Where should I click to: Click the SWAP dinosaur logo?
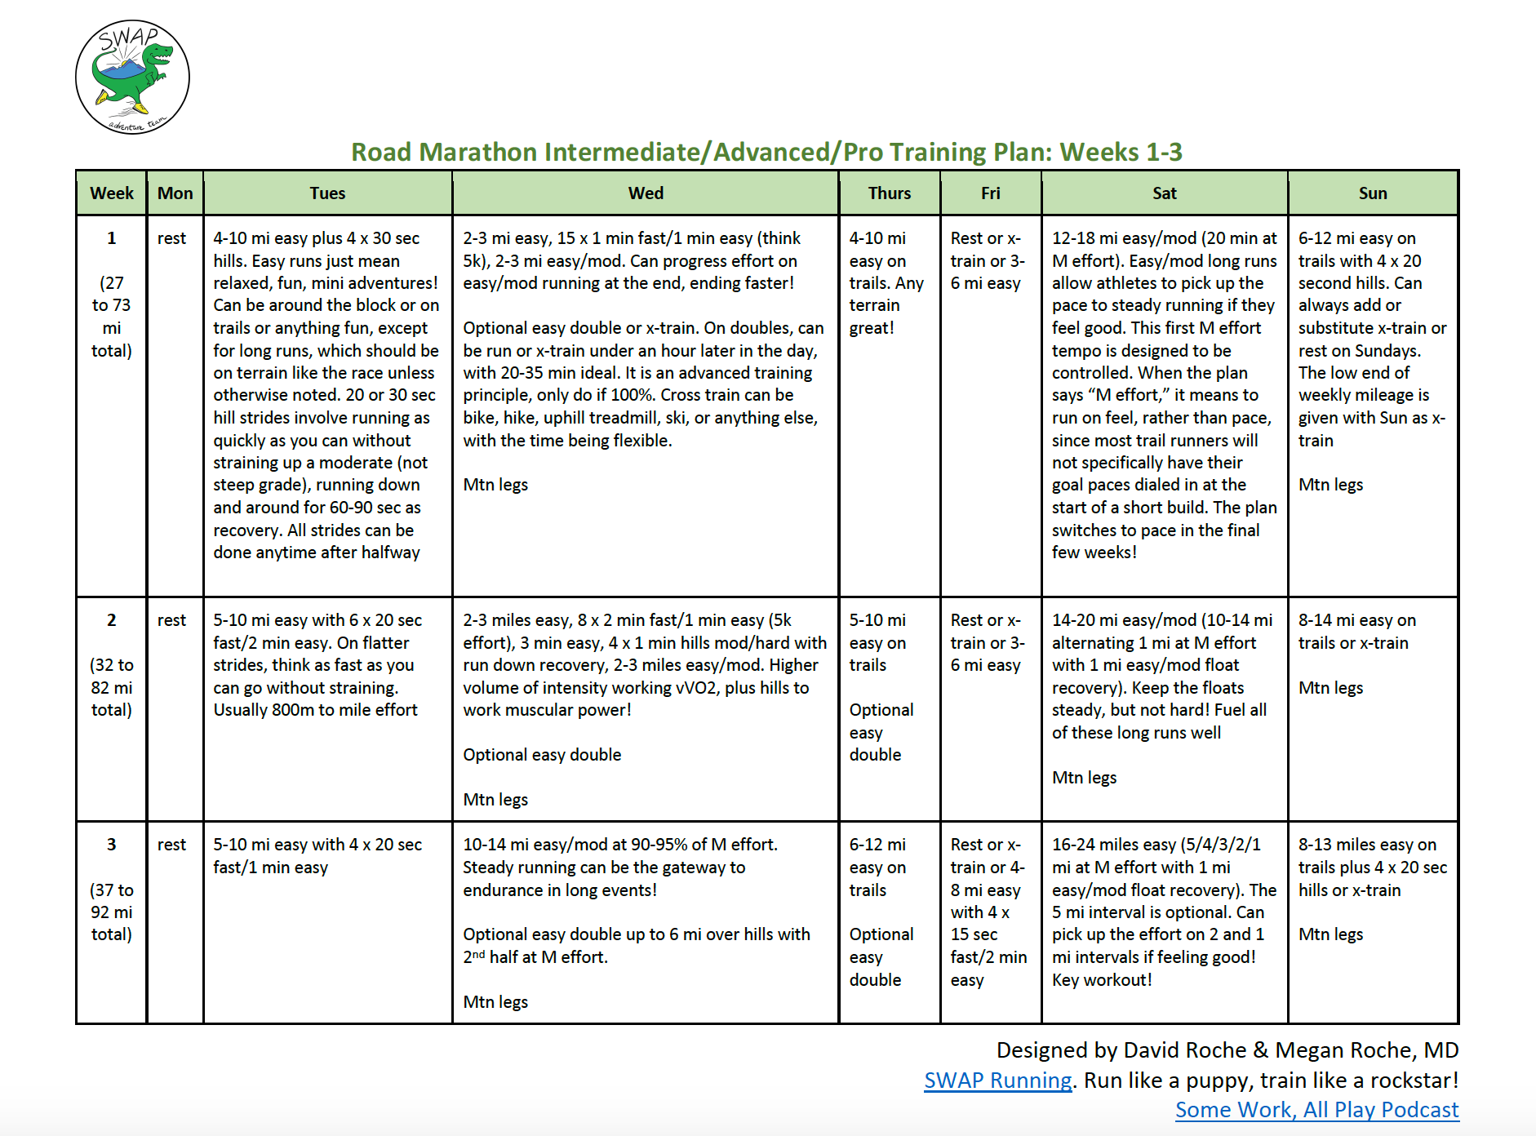click(132, 78)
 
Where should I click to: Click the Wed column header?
click(646, 193)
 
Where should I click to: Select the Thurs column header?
click(889, 193)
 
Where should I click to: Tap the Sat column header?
click(1164, 193)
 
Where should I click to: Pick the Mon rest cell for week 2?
click(172, 620)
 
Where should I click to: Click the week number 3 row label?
click(111, 845)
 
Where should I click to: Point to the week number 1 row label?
click(111, 238)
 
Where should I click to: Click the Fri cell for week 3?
click(989, 912)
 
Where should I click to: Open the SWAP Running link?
click(997, 1081)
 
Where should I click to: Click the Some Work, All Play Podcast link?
click(1316, 1110)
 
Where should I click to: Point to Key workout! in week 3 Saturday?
click(1102, 979)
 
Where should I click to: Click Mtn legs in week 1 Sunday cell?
click(1330, 485)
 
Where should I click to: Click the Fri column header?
click(990, 193)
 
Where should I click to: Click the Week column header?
click(112, 193)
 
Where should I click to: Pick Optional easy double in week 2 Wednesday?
click(542, 755)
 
